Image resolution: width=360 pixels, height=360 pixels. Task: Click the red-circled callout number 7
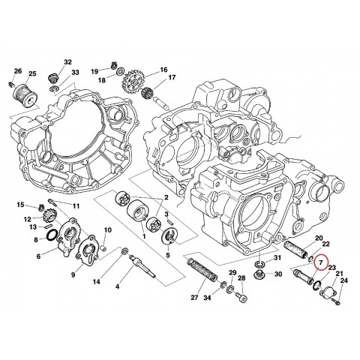321,262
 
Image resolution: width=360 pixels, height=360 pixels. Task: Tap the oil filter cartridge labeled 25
26,95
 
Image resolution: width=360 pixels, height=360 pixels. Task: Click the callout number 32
67,62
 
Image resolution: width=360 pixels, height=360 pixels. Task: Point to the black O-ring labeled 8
52,236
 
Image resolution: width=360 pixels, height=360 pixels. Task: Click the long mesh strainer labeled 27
203,271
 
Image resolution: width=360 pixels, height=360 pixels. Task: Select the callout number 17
172,78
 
